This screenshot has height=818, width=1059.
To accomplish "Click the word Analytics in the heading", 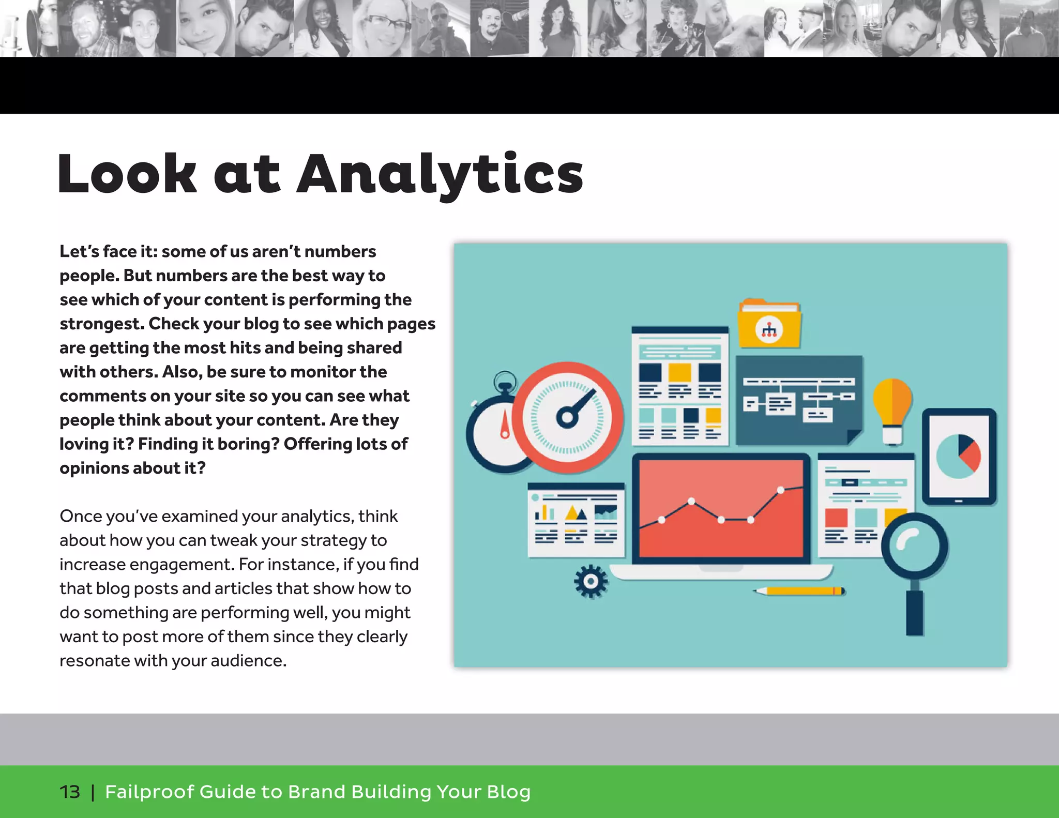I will (x=440, y=174).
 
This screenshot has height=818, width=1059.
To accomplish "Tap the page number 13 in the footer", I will (x=70, y=792).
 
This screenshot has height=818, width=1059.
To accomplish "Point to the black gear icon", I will (x=591, y=582).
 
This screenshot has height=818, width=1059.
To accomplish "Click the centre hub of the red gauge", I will (x=567, y=417).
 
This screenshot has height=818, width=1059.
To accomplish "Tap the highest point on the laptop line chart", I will (x=781, y=490).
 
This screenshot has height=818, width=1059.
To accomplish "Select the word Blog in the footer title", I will (x=509, y=792).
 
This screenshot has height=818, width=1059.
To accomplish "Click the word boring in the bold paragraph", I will (x=249, y=444).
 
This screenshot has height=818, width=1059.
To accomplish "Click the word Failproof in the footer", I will (x=149, y=792).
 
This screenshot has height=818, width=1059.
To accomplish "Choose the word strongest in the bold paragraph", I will (x=101, y=324).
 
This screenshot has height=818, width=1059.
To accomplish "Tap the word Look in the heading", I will (x=127, y=174).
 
